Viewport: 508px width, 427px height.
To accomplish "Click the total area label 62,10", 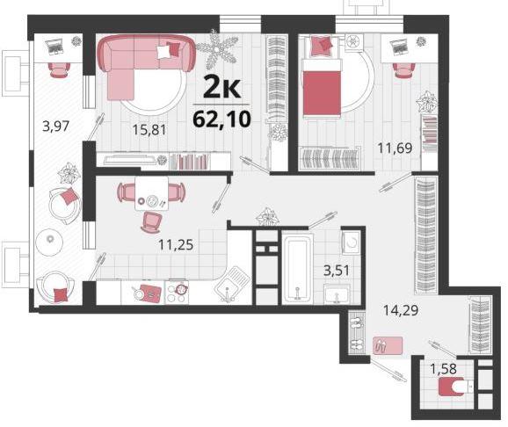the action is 221,119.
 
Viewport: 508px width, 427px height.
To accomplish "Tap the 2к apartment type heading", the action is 222,87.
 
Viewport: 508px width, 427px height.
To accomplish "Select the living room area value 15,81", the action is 149,130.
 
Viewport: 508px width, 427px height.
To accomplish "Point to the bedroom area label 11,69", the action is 395,148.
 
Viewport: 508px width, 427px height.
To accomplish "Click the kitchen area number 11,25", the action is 176,244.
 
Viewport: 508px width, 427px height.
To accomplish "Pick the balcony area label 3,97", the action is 56,126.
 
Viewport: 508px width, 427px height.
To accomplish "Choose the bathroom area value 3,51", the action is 337,271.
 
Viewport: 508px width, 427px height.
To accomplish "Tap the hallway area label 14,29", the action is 401,310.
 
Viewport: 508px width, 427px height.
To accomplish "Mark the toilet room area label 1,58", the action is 443,368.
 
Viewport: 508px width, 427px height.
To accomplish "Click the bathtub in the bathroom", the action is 297,269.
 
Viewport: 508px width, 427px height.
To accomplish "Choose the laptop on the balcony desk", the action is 55,47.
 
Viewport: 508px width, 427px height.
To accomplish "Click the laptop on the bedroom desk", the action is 400,47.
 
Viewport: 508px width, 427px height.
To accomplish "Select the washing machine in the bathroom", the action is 351,242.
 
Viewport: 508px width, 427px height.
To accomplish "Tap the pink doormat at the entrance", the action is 388,345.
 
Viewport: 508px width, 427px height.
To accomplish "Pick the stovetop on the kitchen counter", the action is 177,293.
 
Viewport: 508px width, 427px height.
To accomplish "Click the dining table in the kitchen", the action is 152,194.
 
